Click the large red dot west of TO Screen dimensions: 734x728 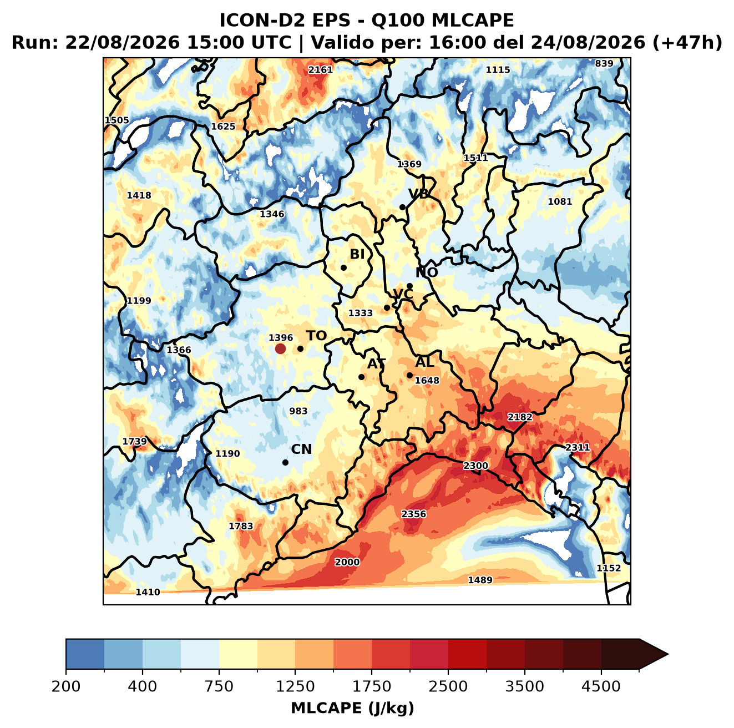pyautogui.click(x=280, y=348)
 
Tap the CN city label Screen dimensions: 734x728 pyautogui.click(x=301, y=449)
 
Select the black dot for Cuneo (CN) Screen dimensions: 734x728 pyautogui.click(x=285, y=462)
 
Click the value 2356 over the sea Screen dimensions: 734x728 pyautogui.click(x=414, y=514)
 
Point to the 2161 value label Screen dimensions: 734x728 pyautogui.click(x=320, y=70)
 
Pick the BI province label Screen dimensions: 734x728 pyautogui.click(x=357, y=254)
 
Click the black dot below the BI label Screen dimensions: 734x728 pyautogui.click(x=343, y=268)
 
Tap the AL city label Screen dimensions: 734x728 pyautogui.click(x=424, y=362)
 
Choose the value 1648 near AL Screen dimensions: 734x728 pyautogui.click(x=427, y=381)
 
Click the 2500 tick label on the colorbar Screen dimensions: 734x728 pyautogui.click(x=448, y=686)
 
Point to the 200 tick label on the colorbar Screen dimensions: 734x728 pyautogui.click(x=66, y=686)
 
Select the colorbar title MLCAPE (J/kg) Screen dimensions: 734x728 pyautogui.click(x=352, y=708)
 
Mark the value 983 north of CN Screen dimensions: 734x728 pyautogui.click(x=298, y=411)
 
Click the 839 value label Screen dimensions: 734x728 pyautogui.click(x=604, y=64)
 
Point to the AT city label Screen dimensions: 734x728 pyautogui.click(x=376, y=364)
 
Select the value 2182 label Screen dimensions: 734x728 pyautogui.click(x=520, y=417)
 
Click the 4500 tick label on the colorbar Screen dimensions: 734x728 pyautogui.click(x=601, y=686)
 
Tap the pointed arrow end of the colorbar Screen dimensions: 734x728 pyautogui.click(x=668, y=654)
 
